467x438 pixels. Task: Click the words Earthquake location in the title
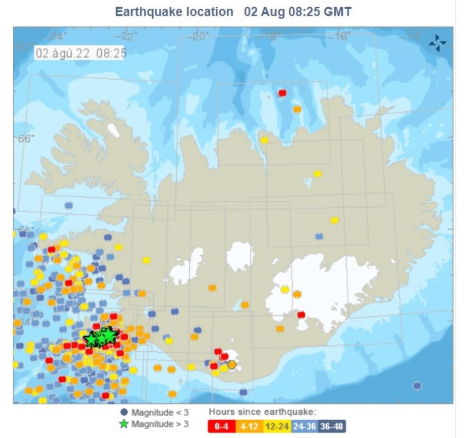(174, 12)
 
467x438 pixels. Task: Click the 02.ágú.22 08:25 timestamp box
(81, 53)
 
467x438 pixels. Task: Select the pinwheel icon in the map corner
(437, 43)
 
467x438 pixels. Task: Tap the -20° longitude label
(199, 36)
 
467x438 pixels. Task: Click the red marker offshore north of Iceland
(282, 93)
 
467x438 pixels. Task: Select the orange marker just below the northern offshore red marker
(297, 109)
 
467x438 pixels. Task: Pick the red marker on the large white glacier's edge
(301, 314)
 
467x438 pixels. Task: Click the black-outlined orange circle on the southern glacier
(232, 365)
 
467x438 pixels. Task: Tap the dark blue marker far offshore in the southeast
(417, 386)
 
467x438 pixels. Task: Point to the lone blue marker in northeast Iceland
(319, 236)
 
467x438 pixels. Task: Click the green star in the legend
(124, 424)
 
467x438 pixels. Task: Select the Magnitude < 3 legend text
(160, 413)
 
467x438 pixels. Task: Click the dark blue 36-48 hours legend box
(332, 426)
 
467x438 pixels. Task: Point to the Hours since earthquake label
(262, 412)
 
